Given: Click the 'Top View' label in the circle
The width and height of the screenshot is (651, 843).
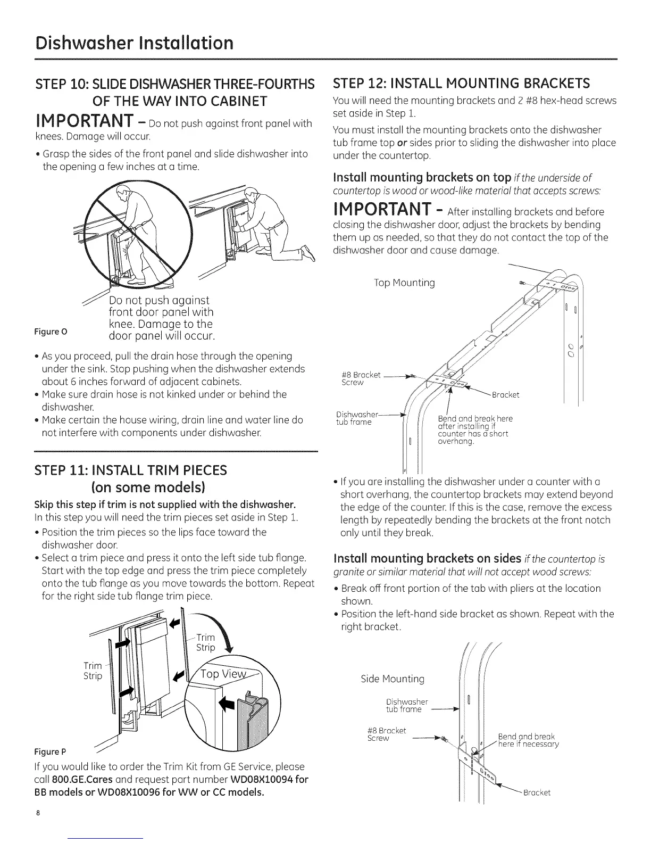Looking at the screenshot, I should tap(224, 674).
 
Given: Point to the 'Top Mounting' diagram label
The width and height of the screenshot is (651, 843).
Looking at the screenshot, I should tap(405, 283).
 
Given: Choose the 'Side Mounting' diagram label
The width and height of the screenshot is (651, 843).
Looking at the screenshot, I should tap(393, 679).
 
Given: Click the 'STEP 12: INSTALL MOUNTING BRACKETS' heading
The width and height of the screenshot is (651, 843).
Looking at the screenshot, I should tap(461, 84).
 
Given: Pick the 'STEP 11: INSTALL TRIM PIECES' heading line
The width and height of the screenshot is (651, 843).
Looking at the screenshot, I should tap(130, 470).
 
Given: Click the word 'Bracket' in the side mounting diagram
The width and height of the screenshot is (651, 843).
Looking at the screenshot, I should tap(537, 792).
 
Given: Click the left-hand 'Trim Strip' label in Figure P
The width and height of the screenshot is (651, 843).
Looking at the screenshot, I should tap(93, 671).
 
